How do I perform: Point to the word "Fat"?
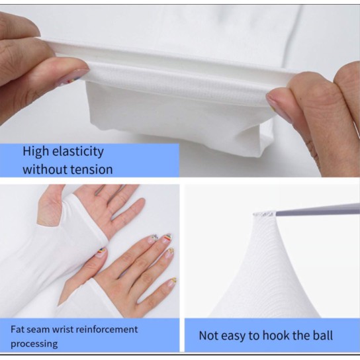17,329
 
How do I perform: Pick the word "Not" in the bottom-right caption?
209,336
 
